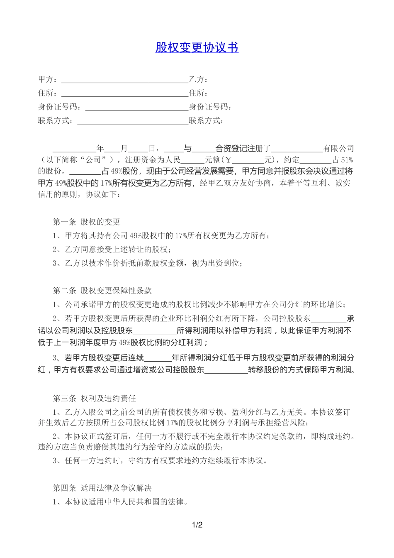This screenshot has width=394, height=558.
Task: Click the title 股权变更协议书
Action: [197, 48]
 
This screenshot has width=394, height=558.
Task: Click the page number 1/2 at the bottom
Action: [197, 525]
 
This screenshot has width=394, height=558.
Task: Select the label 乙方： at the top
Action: [199, 80]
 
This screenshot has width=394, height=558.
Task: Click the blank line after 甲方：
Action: [124, 81]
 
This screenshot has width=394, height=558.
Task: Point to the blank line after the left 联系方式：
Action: [133, 122]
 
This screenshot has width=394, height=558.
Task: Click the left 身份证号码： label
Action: [61, 107]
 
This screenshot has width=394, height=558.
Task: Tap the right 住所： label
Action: [199, 93]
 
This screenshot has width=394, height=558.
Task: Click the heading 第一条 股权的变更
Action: [86, 222]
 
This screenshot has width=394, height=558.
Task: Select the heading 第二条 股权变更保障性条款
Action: [102, 291]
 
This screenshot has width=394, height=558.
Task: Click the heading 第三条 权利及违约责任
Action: [94, 399]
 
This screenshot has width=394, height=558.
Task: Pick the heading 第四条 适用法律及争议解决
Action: [102, 488]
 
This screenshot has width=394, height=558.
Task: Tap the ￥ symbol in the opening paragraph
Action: [227, 160]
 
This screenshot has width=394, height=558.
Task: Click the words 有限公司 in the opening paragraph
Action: [338, 149]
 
